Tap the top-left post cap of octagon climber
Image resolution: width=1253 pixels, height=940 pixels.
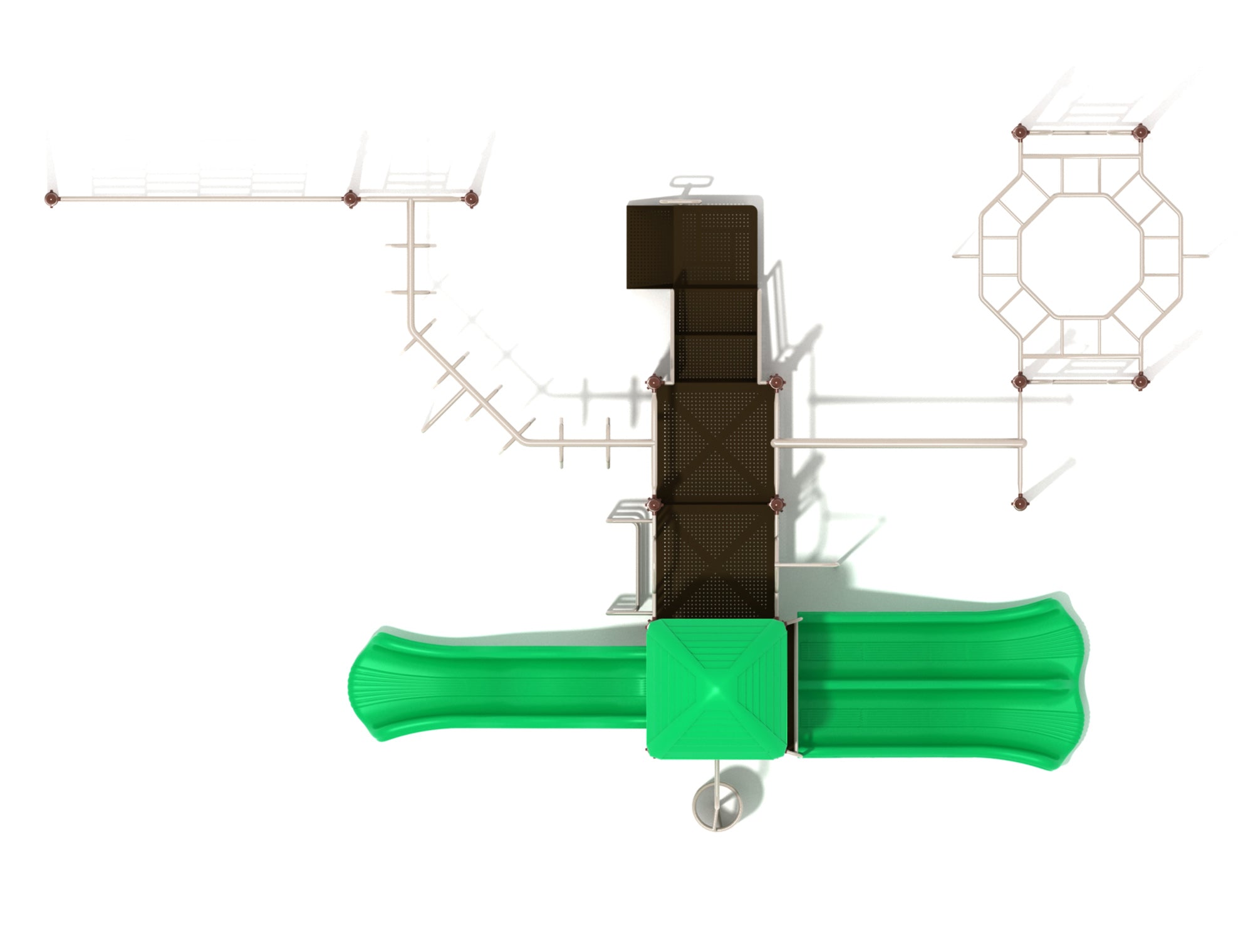coord(1019,132)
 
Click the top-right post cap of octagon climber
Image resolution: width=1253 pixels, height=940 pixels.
coord(1140,132)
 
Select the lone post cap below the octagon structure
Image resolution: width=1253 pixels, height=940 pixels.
coord(1019,501)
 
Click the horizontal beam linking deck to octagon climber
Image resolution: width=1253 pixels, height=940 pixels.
coord(896,443)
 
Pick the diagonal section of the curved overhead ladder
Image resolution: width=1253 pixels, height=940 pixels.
coord(464,382)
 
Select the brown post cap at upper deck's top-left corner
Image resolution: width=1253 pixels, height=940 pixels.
coord(654,382)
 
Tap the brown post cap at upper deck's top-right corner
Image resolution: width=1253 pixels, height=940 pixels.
coord(776,382)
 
